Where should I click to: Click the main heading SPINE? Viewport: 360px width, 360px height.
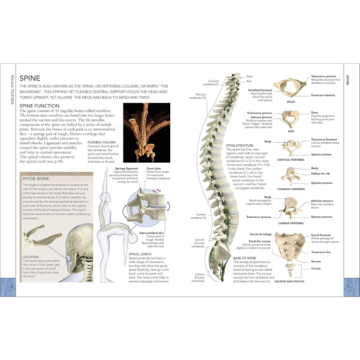tap(30, 78)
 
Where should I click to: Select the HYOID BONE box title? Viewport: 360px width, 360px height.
tap(34, 179)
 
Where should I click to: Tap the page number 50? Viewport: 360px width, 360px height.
tap(11, 286)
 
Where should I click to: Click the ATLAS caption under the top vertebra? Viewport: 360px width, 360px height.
tap(290, 102)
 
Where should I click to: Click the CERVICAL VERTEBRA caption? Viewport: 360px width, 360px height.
tap(291, 160)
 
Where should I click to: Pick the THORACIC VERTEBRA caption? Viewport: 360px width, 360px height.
tap(291, 189)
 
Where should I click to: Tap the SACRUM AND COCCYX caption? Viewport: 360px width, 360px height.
tap(289, 281)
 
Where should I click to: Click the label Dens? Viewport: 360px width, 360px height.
tap(315, 113)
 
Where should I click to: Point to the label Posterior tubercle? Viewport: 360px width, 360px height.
tap(323, 95)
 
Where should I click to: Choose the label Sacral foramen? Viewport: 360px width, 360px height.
tap(321, 235)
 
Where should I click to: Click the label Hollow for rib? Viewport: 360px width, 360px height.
tap(320, 174)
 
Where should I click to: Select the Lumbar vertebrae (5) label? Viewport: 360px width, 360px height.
tap(198, 216)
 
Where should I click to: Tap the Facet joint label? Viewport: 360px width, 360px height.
tap(154, 168)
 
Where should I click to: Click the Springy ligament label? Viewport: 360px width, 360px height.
tap(126, 168)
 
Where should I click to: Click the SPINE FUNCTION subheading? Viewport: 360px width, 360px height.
tap(39, 106)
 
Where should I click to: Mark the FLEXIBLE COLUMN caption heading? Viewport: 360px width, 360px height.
tap(102, 142)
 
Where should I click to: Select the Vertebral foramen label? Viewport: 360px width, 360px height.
tap(260, 90)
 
